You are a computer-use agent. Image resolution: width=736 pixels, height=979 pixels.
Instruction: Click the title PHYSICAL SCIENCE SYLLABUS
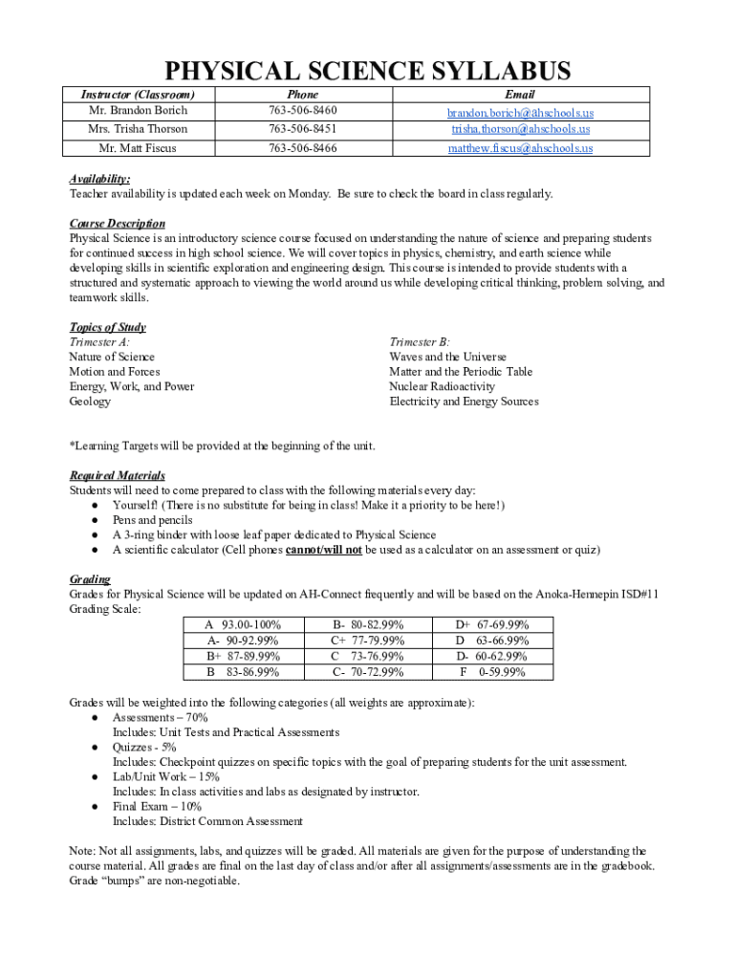click(x=368, y=71)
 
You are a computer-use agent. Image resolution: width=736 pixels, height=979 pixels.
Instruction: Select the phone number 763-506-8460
click(x=302, y=111)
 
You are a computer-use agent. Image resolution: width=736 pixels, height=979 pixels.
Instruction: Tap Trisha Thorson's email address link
click(x=521, y=129)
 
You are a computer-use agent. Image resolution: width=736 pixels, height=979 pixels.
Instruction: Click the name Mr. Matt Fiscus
click(x=138, y=148)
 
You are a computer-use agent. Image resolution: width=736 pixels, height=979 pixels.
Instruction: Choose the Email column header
click(x=521, y=95)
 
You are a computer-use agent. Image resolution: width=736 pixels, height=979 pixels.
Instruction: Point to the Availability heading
click(x=99, y=179)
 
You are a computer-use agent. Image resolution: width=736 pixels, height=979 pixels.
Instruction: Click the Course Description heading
click(x=110, y=223)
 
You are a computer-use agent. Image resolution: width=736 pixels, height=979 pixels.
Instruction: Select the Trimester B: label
click(x=419, y=341)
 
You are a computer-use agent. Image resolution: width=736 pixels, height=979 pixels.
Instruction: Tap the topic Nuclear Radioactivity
click(x=442, y=386)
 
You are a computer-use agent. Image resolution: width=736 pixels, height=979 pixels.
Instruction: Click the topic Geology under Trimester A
click(x=90, y=402)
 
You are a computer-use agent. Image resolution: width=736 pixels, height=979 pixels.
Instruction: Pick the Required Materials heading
click(x=117, y=475)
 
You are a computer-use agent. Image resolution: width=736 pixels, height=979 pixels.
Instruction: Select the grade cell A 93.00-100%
click(x=243, y=624)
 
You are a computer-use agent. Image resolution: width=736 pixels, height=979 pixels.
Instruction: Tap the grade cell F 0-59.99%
click(x=491, y=672)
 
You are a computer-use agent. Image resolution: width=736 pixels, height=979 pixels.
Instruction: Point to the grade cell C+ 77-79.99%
click(x=367, y=641)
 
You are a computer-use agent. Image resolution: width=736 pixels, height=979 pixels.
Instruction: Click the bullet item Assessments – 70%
click(x=160, y=717)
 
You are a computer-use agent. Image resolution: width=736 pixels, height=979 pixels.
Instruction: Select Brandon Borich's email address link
click(x=521, y=112)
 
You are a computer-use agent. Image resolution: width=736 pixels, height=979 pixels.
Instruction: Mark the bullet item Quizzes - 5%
click(x=144, y=747)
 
